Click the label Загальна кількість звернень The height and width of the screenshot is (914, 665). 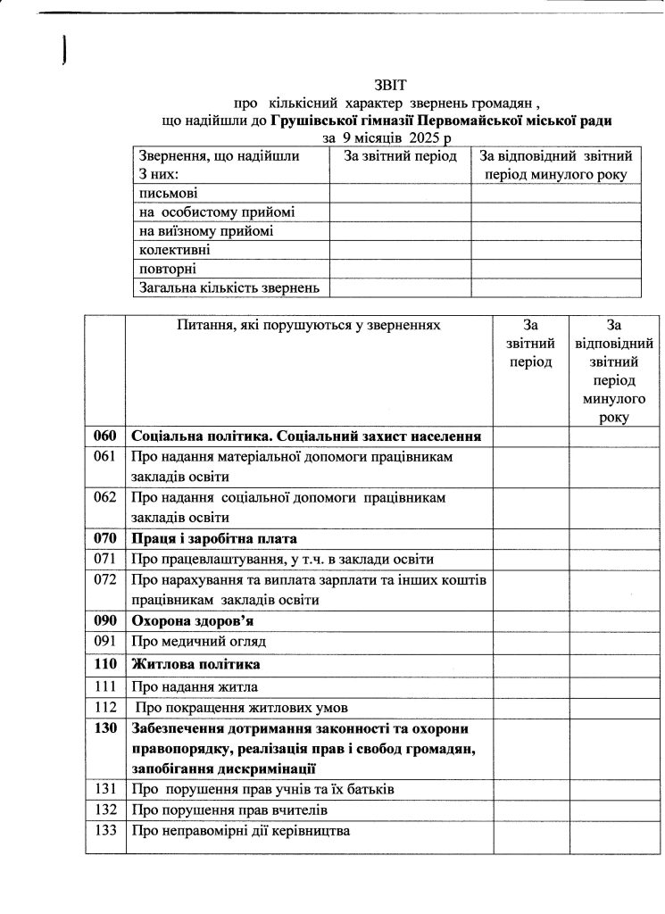(229, 287)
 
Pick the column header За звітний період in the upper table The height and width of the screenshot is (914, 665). (400, 156)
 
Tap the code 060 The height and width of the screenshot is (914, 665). (105, 436)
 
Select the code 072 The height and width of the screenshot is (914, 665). (105, 581)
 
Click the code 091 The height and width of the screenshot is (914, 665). (105, 641)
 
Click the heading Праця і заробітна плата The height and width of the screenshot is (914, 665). (213, 539)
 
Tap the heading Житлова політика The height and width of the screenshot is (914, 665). (196, 665)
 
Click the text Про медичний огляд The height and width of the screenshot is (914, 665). (199, 642)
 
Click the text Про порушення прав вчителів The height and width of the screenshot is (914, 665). (229, 810)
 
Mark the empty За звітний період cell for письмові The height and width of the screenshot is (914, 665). (400, 193)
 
